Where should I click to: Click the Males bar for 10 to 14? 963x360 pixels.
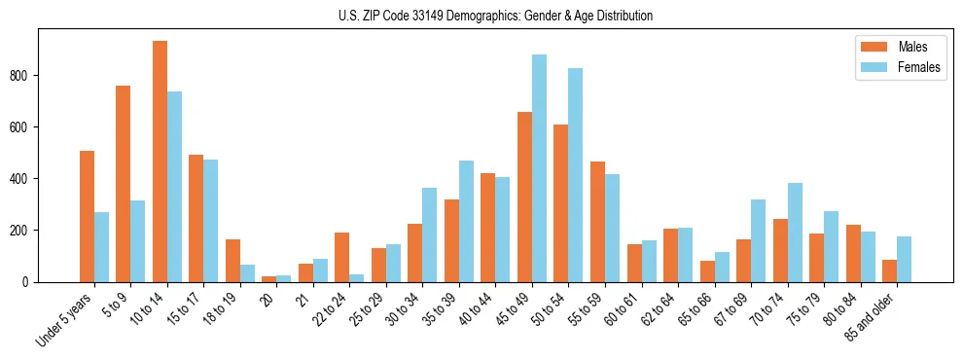point(160,162)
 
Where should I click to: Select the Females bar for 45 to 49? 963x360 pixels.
point(539,168)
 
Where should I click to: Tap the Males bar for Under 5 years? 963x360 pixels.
point(87,216)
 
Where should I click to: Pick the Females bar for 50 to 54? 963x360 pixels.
point(576,175)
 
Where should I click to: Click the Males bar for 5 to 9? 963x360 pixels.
point(124,184)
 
